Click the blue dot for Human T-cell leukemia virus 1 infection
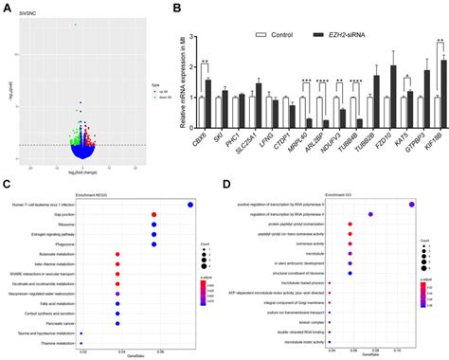190,204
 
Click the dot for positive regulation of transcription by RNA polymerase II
411,204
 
